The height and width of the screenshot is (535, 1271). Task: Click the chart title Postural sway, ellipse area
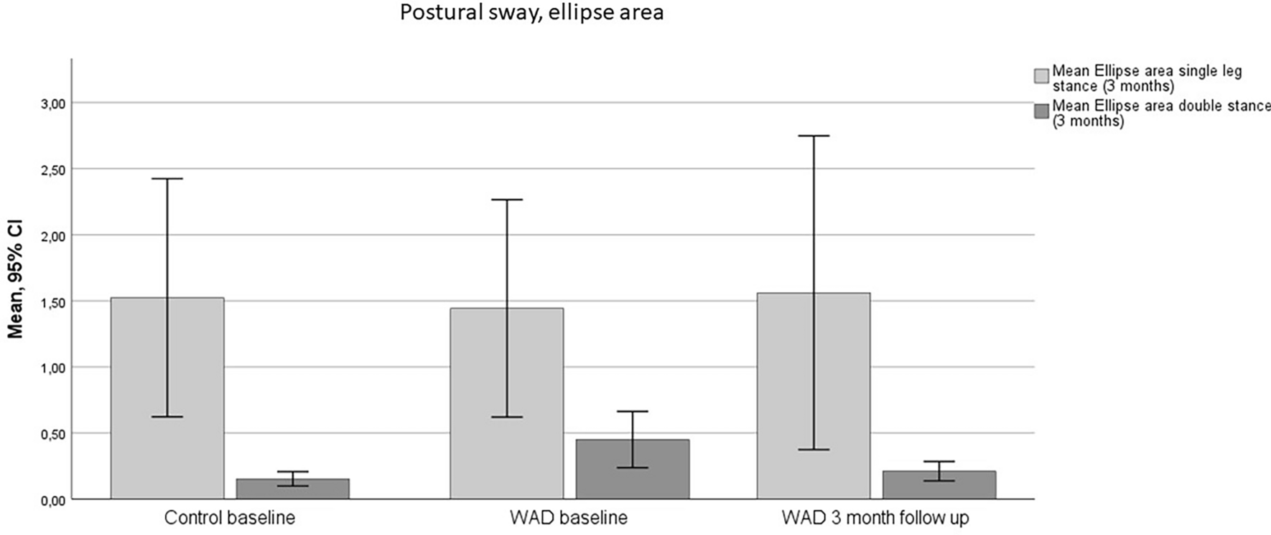[x=531, y=13]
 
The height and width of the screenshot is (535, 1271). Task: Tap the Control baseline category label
[x=229, y=518]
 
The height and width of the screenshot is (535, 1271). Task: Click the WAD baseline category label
[x=569, y=518]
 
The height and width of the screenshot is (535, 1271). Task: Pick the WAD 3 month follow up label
[x=875, y=518]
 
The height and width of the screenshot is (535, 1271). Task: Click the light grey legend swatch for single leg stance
[x=1041, y=77]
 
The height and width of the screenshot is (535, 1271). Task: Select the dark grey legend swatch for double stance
[x=1041, y=111]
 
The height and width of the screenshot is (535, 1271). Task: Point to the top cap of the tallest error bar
[x=813, y=136]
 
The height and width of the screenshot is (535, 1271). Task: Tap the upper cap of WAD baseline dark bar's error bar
[x=633, y=411]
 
